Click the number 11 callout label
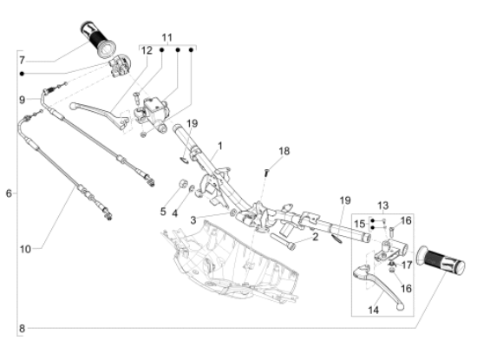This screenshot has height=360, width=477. (x=167, y=37)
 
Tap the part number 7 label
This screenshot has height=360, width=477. (x=22, y=60)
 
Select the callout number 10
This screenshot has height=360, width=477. (x=26, y=249)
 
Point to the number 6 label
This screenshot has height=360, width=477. (x=9, y=193)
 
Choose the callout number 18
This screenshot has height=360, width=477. (x=283, y=152)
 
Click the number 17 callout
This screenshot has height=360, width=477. (x=408, y=254)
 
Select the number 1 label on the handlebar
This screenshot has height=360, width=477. (x=219, y=145)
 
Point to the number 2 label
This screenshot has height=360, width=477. (x=316, y=235)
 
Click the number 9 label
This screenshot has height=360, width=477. (x=22, y=100)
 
